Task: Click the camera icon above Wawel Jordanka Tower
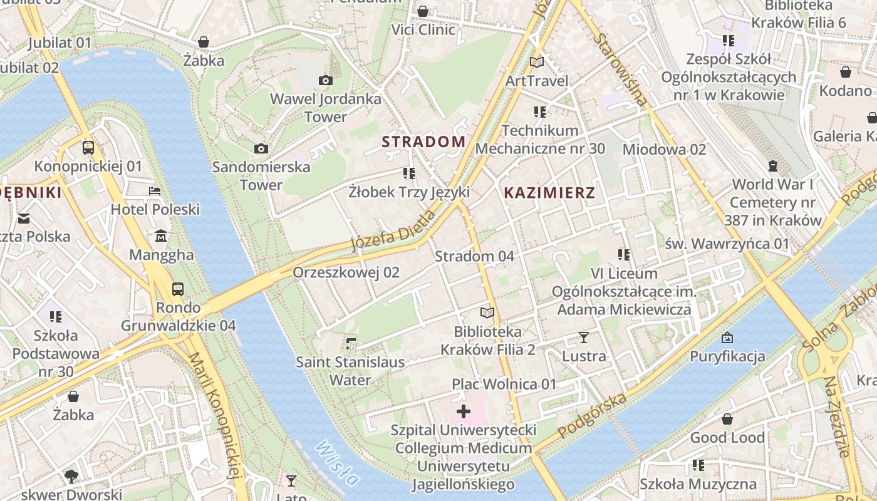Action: [x=325, y=80]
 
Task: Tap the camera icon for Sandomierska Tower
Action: [x=261, y=148]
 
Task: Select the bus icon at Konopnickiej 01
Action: [x=88, y=148]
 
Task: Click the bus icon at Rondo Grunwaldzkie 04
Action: [x=178, y=289]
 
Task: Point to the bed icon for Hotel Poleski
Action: [x=155, y=190]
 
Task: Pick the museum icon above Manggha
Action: [x=161, y=236]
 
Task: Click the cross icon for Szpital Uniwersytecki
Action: [x=464, y=411]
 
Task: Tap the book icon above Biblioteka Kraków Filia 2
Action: [x=487, y=312]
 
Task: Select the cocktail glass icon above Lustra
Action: [x=584, y=338]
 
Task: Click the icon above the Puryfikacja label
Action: [x=727, y=338]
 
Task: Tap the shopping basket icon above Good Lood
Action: [x=727, y=419]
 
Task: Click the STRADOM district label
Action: [x=423, y=142]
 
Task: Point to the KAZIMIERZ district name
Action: [x=549, y=192]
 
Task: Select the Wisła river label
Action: [x=337, y=463]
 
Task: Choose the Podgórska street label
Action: [x=592, y=416]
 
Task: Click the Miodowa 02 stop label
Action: [x=664, y=149]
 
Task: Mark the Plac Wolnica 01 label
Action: [x=504, y=384]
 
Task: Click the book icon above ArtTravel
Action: [x=537, y=62]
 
